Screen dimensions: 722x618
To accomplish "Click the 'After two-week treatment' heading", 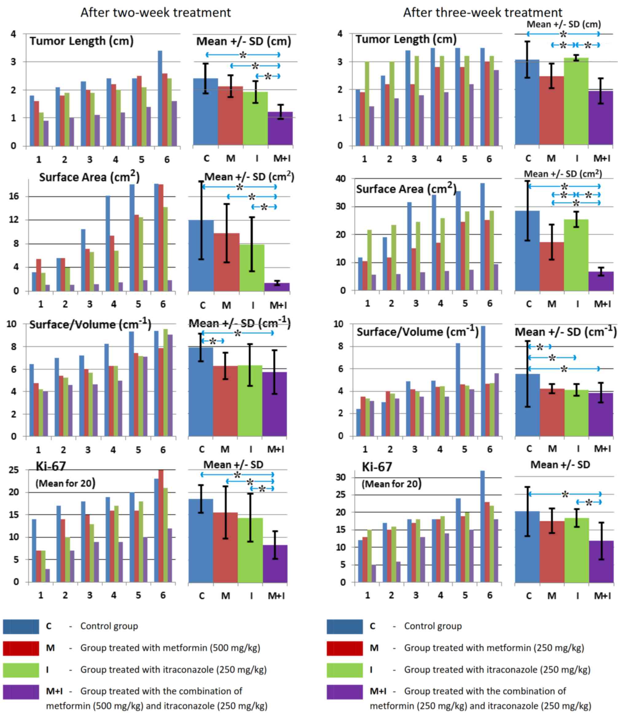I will point(155,13).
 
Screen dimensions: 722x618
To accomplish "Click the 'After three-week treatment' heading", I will point(483,13).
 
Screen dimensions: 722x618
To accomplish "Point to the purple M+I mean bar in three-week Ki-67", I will point(600,561).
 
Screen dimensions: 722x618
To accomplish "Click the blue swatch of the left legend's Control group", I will point(21,626).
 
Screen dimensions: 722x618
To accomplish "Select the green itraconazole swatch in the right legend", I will point(344,670).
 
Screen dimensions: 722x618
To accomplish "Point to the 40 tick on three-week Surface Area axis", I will point(340,179).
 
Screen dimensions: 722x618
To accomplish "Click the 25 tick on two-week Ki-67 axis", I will point(14,470).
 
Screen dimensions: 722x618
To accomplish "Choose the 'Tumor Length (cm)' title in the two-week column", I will point(81,41).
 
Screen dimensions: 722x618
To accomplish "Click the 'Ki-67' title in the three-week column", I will point(377,467).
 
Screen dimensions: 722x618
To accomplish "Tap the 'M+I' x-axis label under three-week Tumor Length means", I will point(602,159).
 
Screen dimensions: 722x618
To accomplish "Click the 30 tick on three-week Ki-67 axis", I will point(340,477).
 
